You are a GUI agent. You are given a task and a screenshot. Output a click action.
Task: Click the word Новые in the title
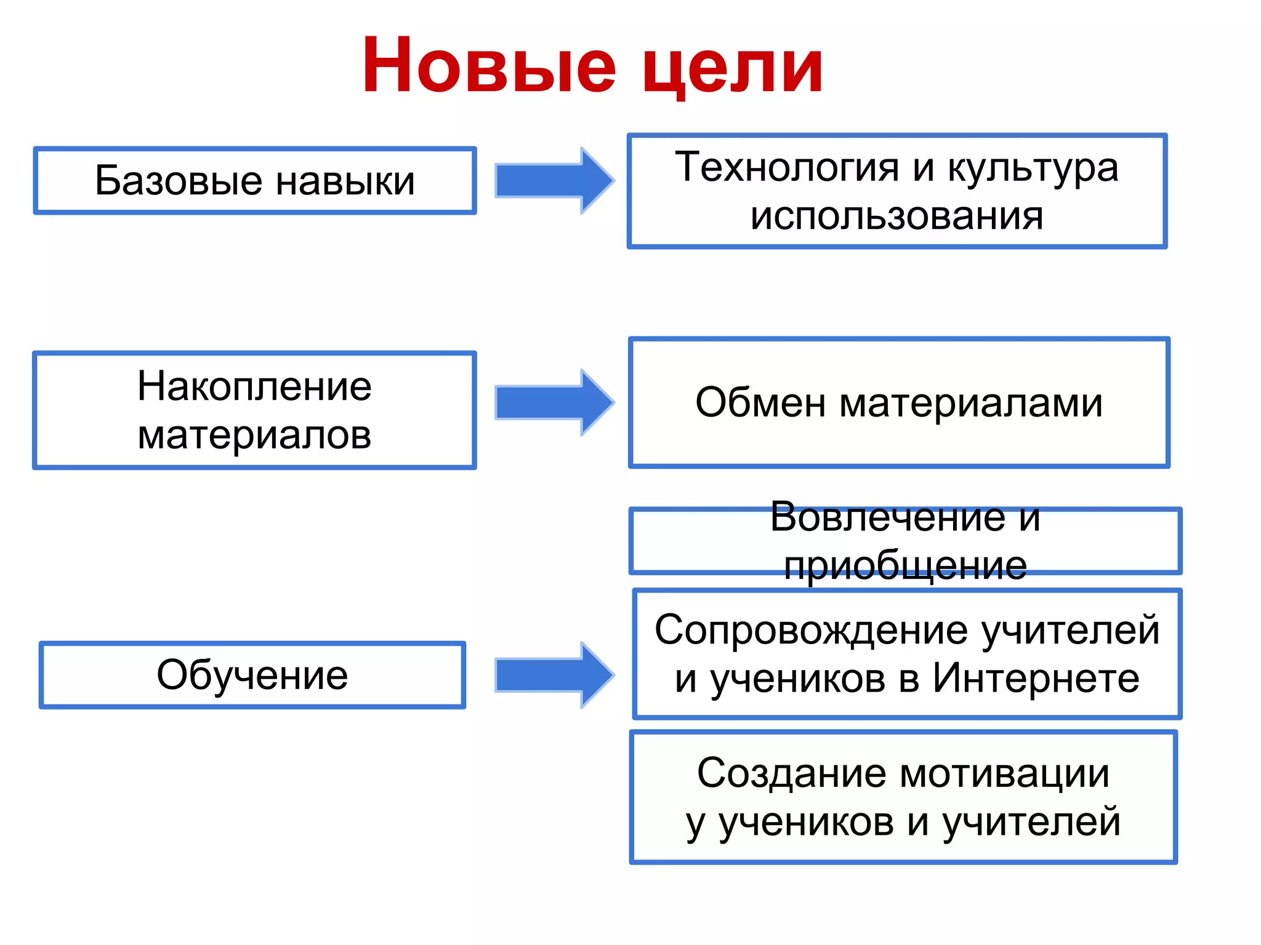tap(489, 66)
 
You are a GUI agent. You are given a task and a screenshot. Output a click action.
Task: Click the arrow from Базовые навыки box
tap(554, 181)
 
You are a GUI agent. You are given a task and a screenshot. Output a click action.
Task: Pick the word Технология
tap(787, 167)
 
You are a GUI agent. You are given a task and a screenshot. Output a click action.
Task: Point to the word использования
tap(896, 217)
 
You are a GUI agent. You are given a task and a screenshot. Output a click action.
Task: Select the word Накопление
tap(254, 387)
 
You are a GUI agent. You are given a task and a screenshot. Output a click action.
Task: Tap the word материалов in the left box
tap(254, 436)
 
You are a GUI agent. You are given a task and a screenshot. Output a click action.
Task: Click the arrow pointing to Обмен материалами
tap(554, 403)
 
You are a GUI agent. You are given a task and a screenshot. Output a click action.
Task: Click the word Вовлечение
tap(887, 517)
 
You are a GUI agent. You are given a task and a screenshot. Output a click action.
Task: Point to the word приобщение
tap(905, 566)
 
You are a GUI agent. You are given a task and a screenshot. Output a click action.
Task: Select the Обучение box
tap(252, 675)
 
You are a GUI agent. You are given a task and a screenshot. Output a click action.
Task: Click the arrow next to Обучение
tap(554, 675)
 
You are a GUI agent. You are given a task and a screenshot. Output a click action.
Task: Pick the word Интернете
tap(1036, 679)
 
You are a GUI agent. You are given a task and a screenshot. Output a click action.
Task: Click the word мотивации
tap(1005, 773)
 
